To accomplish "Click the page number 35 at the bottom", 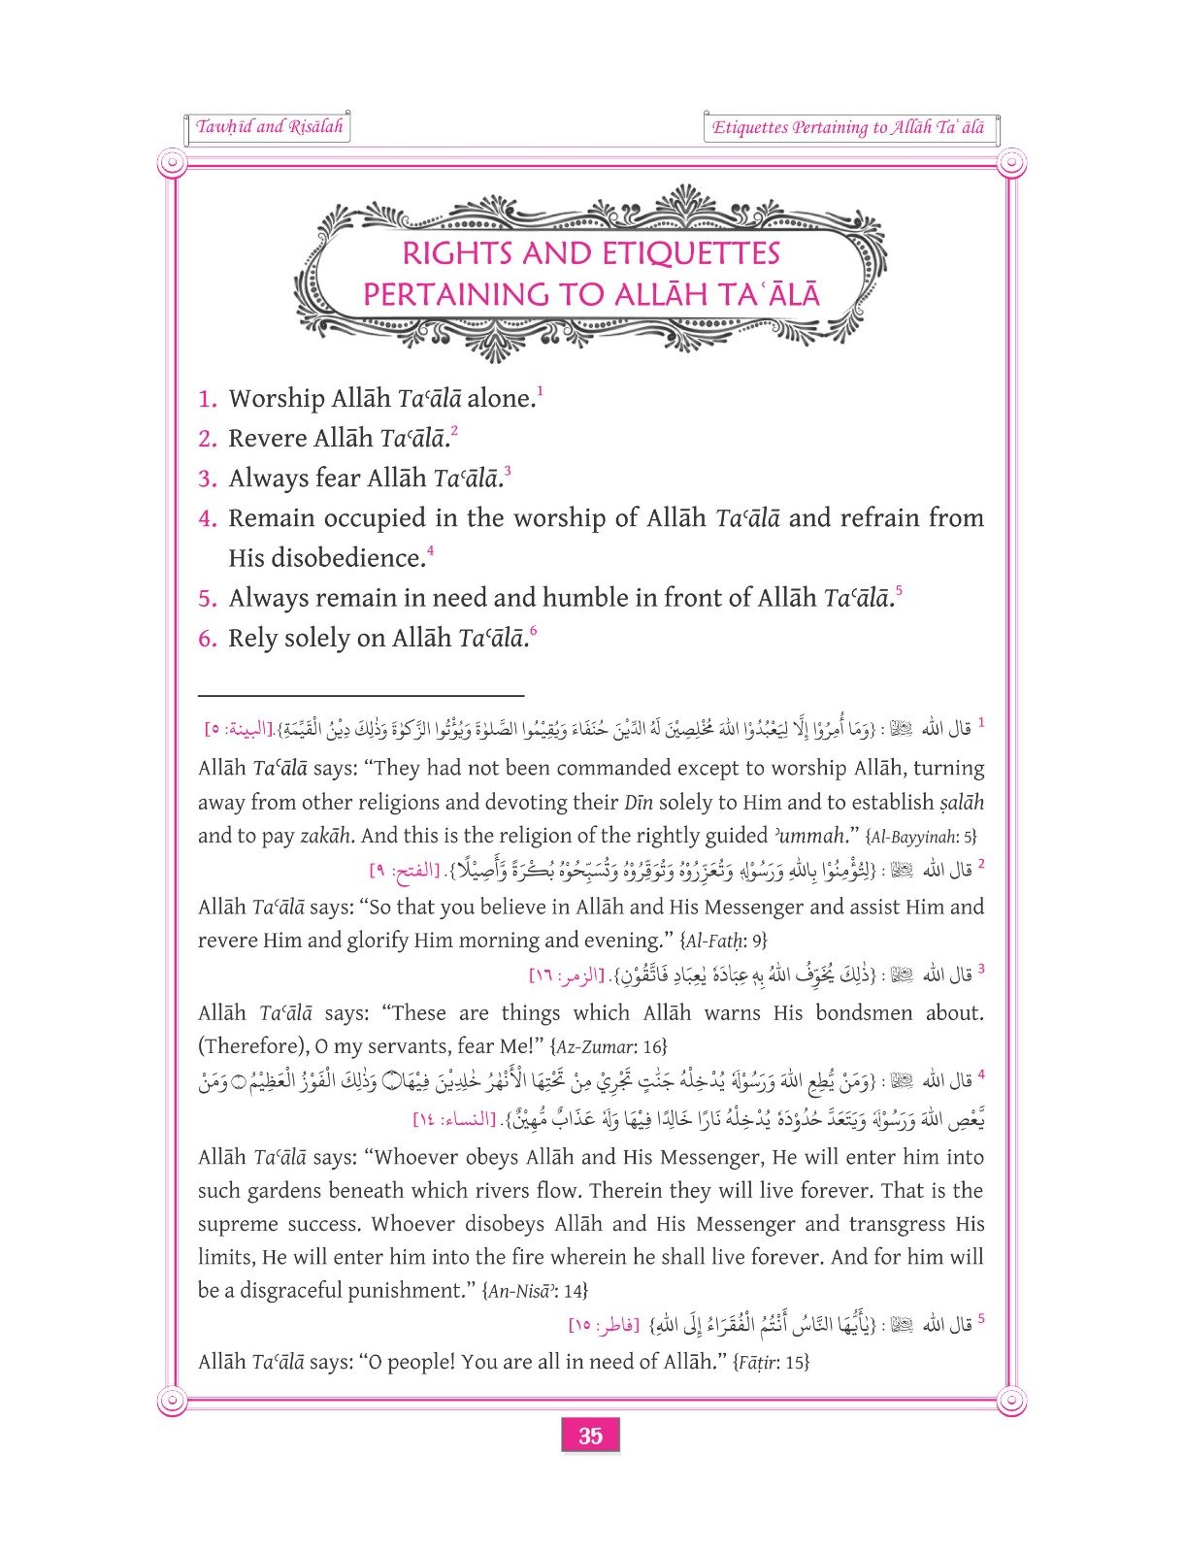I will click(x=590, y=1436).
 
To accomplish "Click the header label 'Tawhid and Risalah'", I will click(x=269, y=127).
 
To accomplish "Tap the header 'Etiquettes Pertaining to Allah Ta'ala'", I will click(x=847, y=128).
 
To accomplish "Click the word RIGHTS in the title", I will click(x=456, y=254).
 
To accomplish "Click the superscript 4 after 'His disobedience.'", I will click(x=430, y=551).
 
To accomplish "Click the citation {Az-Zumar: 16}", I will click(x=608, y=1046).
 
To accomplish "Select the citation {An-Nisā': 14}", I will click(x=534, y=1291).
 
